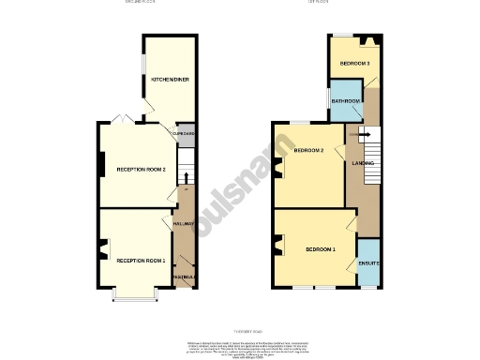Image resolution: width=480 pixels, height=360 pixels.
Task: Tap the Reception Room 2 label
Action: tap(141, 170)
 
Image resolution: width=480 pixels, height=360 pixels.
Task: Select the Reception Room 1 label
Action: tap(141, 260)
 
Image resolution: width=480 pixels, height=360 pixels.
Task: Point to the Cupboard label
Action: tap(183, 133)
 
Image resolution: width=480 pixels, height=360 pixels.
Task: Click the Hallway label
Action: tap(183, 224)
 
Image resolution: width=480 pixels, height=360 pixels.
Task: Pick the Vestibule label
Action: tap(185, 277)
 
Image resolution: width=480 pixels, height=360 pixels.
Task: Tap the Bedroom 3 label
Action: tap(354, 63)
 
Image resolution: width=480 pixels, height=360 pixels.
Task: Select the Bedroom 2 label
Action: tap(308, 151)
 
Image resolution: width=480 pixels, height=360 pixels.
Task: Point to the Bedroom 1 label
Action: tap(320, 249)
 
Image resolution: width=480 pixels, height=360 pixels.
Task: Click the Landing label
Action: tap(363, 163)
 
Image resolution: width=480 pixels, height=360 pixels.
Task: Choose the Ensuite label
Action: tap(368, 263)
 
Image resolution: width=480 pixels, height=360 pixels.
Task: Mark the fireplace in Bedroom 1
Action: tap(277, 246)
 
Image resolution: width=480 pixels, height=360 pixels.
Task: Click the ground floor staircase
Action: tap(185, 175)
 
